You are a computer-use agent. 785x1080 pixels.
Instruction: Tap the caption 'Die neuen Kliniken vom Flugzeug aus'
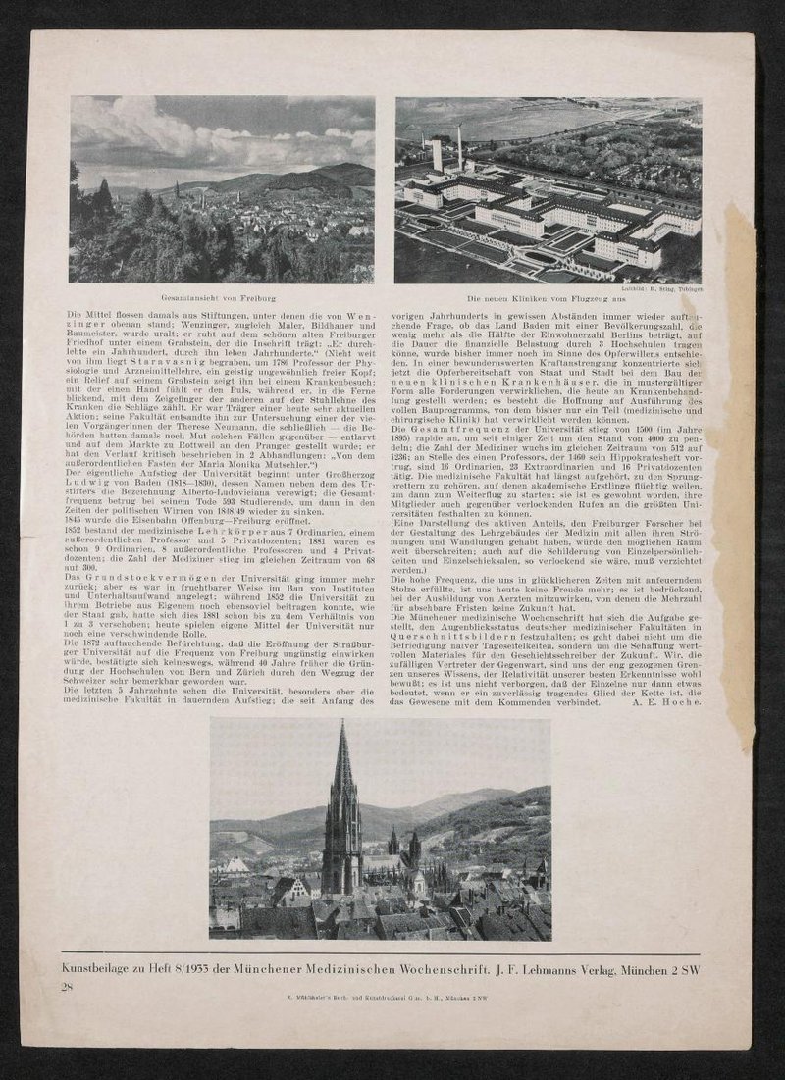tap(548, 297)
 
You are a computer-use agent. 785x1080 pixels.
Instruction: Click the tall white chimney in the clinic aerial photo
tap(458, 147)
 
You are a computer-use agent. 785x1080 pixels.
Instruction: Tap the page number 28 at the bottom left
tap(67, 985)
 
